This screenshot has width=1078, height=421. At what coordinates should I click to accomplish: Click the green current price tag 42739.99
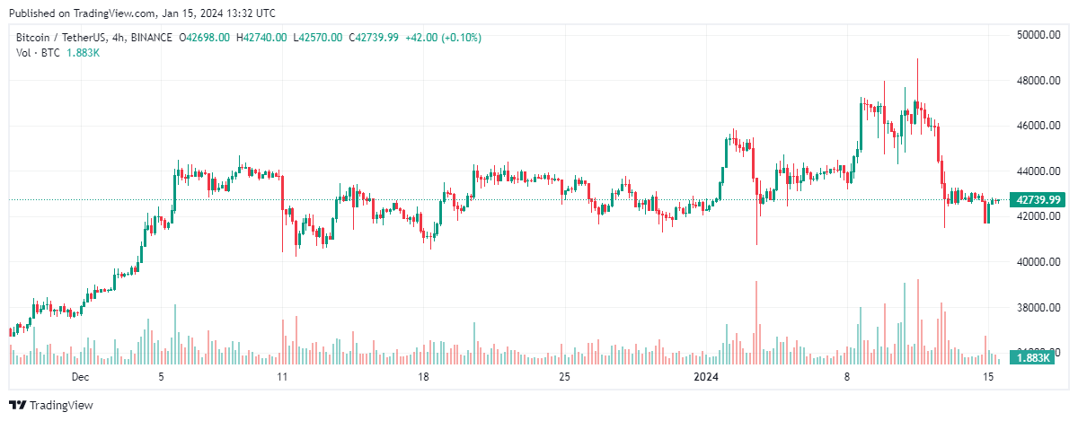pyautogui.click(x=1036, y=199)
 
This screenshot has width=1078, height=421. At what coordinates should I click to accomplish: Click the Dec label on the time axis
pyautogui.click(x=81, y=377)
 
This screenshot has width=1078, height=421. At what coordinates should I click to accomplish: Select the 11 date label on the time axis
pyautogui.click(x=281, y=377)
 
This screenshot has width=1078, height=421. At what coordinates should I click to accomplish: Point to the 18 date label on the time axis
pyautogui.click(x=423, y=377)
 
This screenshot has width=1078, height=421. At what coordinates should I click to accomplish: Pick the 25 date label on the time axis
pyautogui.click(x=564, y=377)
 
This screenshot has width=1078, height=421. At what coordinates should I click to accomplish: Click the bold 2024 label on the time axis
pyautogui.click(x=704, y=377)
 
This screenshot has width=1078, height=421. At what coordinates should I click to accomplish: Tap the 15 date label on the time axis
pyautogui.click(x=988, y=377)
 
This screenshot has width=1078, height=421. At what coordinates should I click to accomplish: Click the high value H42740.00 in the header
pyautogui.click(x=261, y=38)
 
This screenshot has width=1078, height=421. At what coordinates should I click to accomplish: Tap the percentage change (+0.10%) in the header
pyautogui.click(x=458, y=38)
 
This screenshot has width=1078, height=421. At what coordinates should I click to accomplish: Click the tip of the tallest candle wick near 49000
pyautogui.click(x=917, y=59)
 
